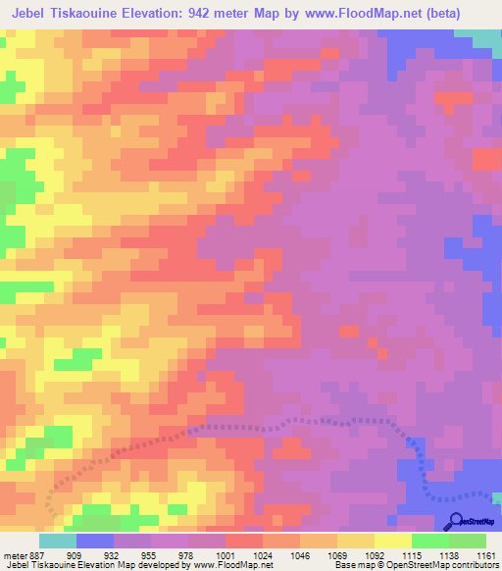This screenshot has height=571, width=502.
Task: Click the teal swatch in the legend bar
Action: tap(57, 541)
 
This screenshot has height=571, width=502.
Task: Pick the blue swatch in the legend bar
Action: tap(94, 541)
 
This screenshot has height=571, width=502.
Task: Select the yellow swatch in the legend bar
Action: tap(392, 541)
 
